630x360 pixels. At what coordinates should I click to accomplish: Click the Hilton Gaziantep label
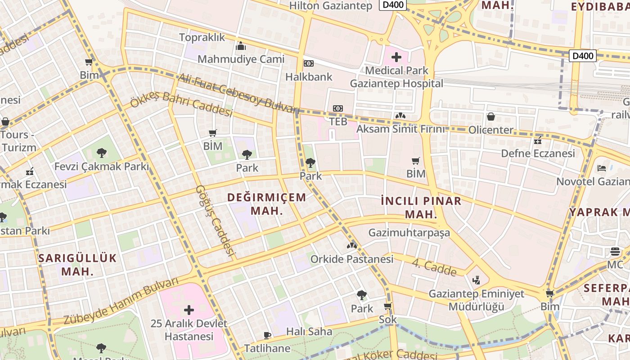[x=331, y=6]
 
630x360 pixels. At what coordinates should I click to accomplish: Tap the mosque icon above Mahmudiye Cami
[x=241, y=46]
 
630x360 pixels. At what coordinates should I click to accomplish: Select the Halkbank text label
[x=309, y=76]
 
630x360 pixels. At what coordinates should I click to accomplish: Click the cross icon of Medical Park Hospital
[x=396, y=57]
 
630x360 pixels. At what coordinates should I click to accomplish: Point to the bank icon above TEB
[x=338, y=108]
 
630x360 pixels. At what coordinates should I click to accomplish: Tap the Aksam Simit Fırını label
[x=400, y=129]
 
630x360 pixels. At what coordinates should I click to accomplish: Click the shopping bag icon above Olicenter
[x=491, y=117]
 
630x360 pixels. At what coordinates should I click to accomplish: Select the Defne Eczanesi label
[x=538, y=153]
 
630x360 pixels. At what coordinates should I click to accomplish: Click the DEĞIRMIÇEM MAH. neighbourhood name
[x=267, y=204]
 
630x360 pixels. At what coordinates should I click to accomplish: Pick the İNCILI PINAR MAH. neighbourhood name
[x=421, y=207]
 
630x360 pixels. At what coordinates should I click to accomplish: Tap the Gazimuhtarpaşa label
[x=409, y=233]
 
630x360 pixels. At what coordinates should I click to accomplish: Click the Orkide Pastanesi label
[x=352, y=259]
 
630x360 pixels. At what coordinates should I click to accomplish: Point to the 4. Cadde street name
[x=435, y=267]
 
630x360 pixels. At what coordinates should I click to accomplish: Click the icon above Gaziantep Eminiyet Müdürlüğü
[x=477, y=280]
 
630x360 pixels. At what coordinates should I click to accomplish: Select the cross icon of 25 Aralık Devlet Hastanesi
[x=189, y=310]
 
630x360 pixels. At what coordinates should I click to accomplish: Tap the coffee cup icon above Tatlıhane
[x=267, y=335]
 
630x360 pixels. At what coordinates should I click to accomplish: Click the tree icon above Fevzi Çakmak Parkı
[x=102, y=153]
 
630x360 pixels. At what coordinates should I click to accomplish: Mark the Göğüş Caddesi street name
[x=216, y=220]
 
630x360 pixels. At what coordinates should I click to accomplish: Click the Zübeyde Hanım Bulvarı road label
[x=121, y=301]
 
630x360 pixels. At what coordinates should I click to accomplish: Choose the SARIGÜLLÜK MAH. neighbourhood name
[x=77, y=265]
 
